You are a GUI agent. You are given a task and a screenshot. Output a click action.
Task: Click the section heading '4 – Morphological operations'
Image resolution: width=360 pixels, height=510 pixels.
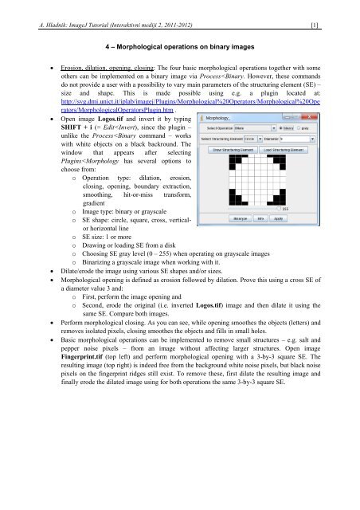click(179, 48)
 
